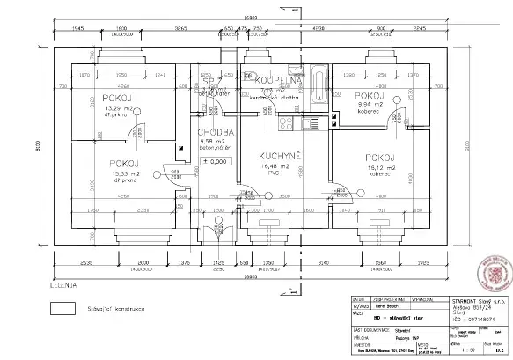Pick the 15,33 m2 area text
[x=125, y=174]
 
